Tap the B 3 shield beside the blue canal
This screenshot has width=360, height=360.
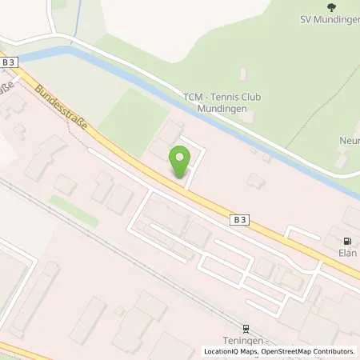pyautogui.click(x=9, y=62)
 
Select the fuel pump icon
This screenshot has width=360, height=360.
pyautogui.click(x=347, y=241)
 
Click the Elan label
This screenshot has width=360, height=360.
pyautogui.click(x=347, y=252)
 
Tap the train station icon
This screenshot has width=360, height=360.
pyautogui.click(x=246, y=326)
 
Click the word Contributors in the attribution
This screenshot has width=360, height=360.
pyautogui.click(x=331, y=351)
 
